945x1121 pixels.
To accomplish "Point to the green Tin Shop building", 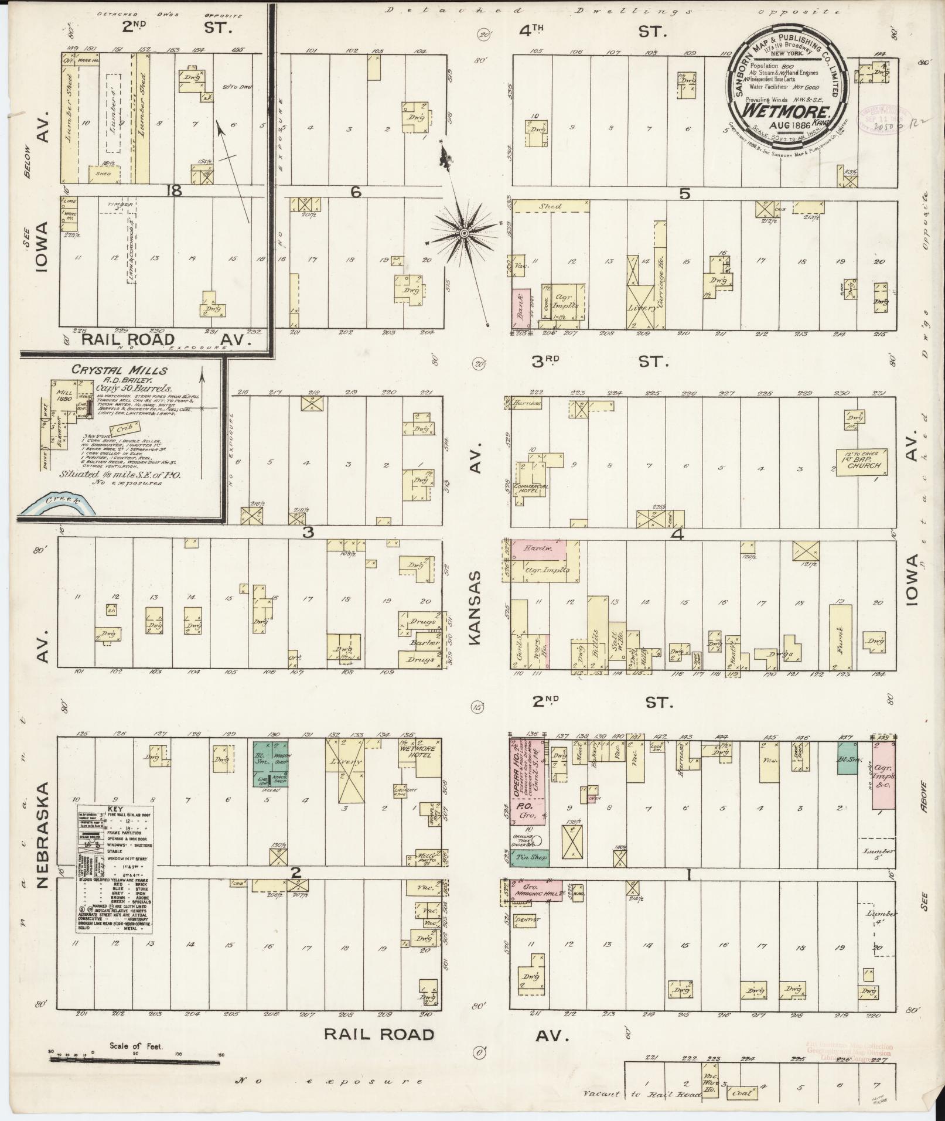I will [530, 857].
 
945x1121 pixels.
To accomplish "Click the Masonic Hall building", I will [537, 890].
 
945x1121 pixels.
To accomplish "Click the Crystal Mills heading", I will [120, 370].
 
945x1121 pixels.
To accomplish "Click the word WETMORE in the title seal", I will [786, 111].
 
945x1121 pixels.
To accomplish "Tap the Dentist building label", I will [526, 920].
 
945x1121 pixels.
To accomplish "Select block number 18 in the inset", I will [174, 190].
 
